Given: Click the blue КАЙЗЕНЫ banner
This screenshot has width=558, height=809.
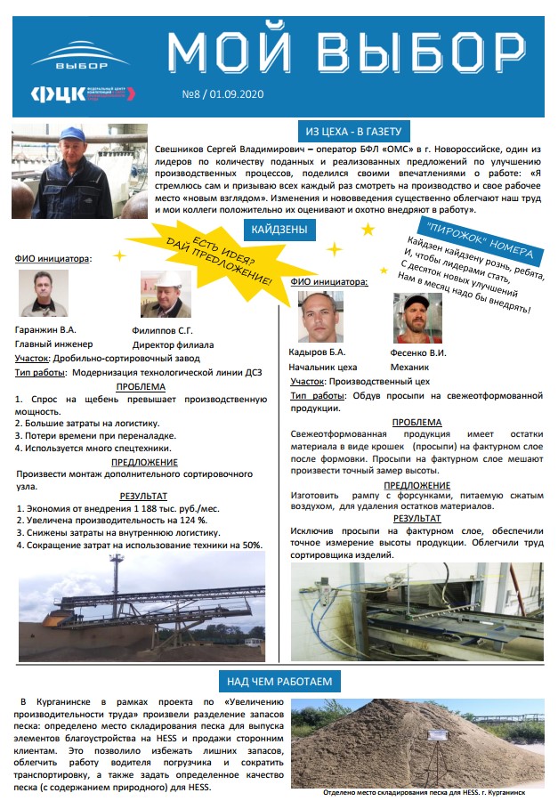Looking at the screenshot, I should [x=279, y=230].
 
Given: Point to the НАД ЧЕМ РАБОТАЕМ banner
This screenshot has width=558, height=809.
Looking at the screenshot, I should [x=279, y=682].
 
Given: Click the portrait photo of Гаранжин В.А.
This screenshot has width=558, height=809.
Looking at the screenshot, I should [x=43, y=293].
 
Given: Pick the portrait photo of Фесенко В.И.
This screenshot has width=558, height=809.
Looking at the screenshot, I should [x=416, y=318].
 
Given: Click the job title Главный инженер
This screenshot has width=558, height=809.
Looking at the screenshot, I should [x=54, y=344].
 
